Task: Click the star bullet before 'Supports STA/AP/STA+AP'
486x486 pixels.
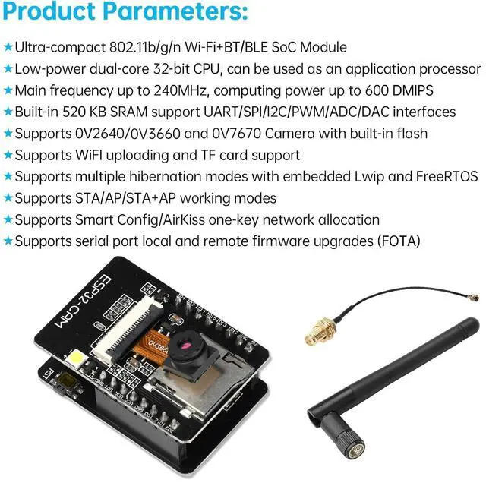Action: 8,199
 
